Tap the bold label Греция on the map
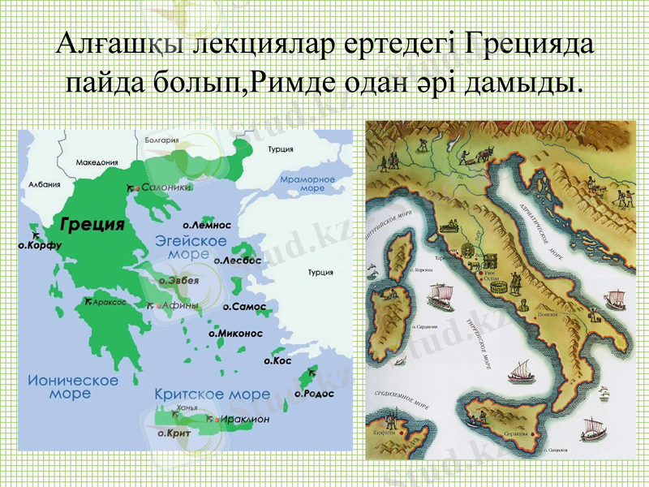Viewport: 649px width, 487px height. point(92,223)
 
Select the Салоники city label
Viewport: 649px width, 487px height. point(166,187)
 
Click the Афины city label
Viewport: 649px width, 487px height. point(180,306)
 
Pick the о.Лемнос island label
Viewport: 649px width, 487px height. point(207,225)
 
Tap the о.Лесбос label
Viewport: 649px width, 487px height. point(238,261)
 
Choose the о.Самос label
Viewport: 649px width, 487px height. point(244,308)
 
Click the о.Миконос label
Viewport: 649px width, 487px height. point(236,333)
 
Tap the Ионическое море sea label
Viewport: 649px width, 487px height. point(73,386)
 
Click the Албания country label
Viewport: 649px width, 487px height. point(45,184)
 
